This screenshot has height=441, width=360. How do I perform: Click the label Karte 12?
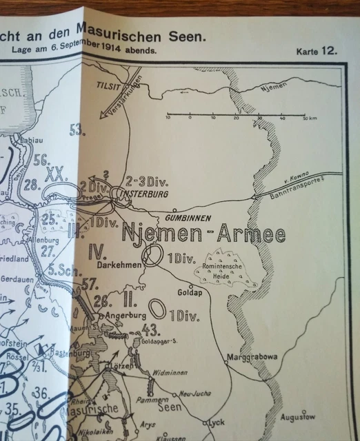317,52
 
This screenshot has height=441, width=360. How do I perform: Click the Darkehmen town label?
114,265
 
